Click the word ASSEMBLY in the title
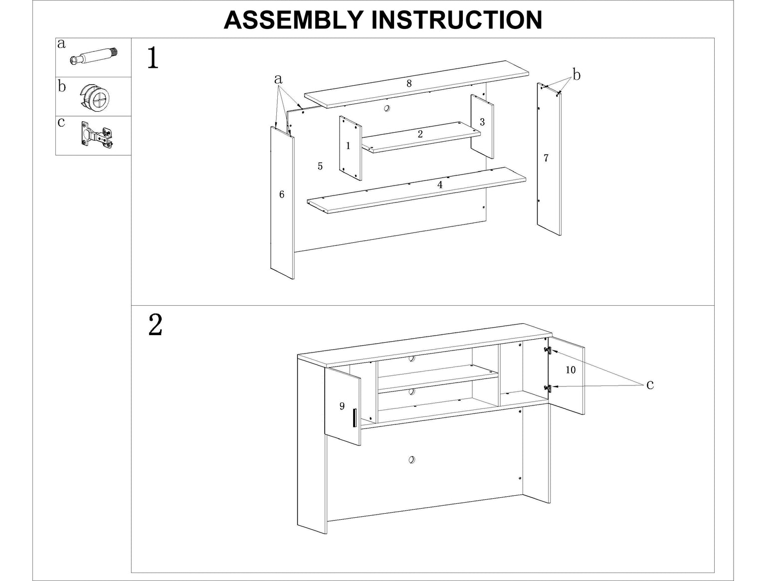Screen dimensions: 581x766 [293, 20]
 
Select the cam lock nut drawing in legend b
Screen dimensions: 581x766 [95, 96]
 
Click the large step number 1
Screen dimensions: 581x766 [153, 58]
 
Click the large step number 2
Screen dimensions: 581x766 [155, 326]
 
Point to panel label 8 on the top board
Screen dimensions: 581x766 [409, 83]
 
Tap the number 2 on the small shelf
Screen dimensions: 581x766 [420, 134]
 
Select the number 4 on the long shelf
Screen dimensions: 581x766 [439, 185]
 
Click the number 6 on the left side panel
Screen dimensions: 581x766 [282, 194]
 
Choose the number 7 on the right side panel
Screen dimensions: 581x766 [546, 158]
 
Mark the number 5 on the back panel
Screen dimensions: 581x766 [320, 166]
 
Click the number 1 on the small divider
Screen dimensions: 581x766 [348, 146]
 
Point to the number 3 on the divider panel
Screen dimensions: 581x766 [482, 122]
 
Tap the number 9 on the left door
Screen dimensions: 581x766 [342, 406]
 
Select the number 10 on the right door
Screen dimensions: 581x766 [571, 370]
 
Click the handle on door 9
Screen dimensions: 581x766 [353, 417]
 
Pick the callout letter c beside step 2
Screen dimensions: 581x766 [650, 385]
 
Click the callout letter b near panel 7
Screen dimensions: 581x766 [576, 75]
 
